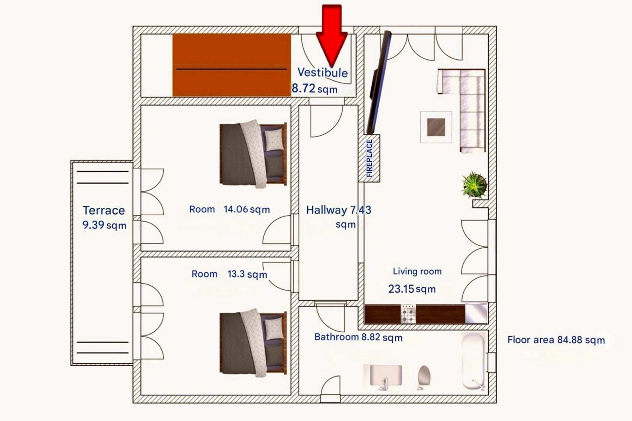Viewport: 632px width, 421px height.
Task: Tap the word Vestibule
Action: (322, 73)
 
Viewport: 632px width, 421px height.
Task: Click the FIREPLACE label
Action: (369, 158)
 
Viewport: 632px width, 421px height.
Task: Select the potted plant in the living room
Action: (474, 184)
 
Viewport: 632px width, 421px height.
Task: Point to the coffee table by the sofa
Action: (436, 126)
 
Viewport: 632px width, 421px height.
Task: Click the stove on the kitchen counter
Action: (408, 314)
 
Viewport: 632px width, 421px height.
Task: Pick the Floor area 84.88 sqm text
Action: (556, 340)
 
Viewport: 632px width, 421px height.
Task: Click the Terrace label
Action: (104, 210)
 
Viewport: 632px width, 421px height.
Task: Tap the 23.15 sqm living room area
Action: (412, 289)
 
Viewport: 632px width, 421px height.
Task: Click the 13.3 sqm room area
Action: (247, 274)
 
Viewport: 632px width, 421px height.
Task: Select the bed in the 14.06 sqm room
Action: (253, 153)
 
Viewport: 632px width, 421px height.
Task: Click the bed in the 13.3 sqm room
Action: (253, 341)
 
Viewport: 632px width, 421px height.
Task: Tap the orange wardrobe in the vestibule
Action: (231, 66)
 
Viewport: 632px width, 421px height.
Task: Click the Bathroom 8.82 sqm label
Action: (358, 338)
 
